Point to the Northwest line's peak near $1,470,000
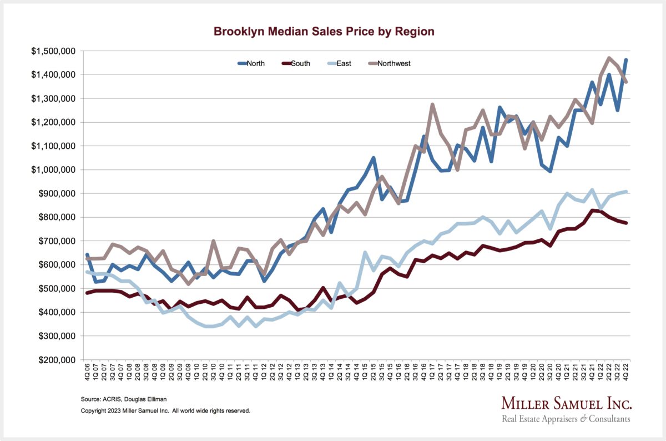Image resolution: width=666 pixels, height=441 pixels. pyautogui.click(x=609, y=58)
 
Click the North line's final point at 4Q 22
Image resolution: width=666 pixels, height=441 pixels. pyautogui.click(x=626, y=59)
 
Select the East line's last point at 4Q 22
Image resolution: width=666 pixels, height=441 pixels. pyautogui.click(x=626, y=192)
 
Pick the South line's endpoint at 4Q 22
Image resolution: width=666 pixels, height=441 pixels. pyautogui.click(x=626, y=223)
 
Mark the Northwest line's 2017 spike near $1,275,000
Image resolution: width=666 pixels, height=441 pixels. pyautogui.click(x=432, y=104)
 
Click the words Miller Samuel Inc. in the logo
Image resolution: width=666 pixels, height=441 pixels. pyautogui.click(x=566, y=403)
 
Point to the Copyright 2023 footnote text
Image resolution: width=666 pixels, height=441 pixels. pyautogui.click(x=165, y=411)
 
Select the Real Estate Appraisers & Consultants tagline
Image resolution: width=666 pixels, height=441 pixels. pyautogui.click(x=566, y=419)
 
